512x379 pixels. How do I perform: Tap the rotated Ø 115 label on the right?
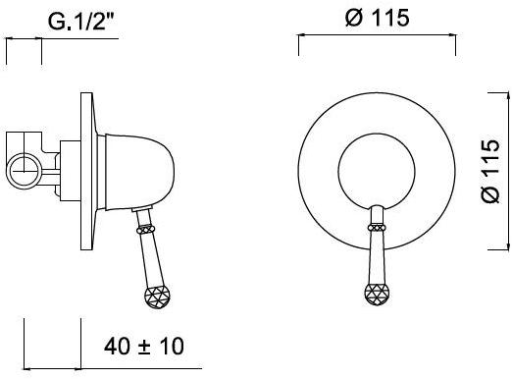point(490,171)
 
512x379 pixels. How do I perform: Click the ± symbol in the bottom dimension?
point(145,347)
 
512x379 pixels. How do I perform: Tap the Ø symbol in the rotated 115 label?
point(490,196)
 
